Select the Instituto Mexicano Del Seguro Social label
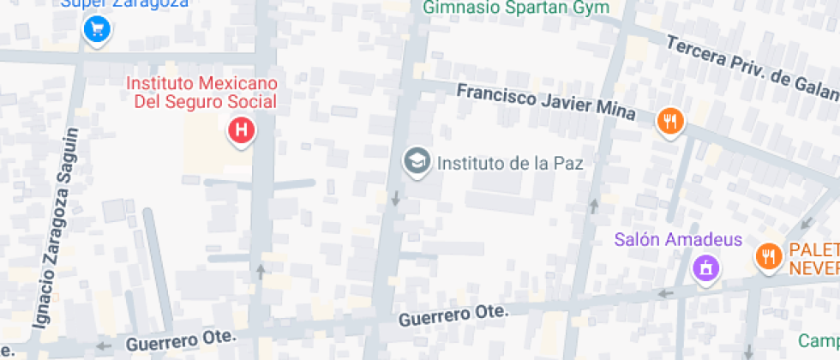[201, 93]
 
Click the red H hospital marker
[242, 131]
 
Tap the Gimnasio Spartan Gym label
[515, 8]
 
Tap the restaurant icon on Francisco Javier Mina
[669, 121]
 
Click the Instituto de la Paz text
[510, 162]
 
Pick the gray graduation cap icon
[417, 161]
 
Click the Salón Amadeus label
[677, 239]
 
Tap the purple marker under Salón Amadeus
[705, 268]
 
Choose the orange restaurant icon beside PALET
[768, 256]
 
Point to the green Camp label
[818, 341]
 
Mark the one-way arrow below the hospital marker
[261, 272]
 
